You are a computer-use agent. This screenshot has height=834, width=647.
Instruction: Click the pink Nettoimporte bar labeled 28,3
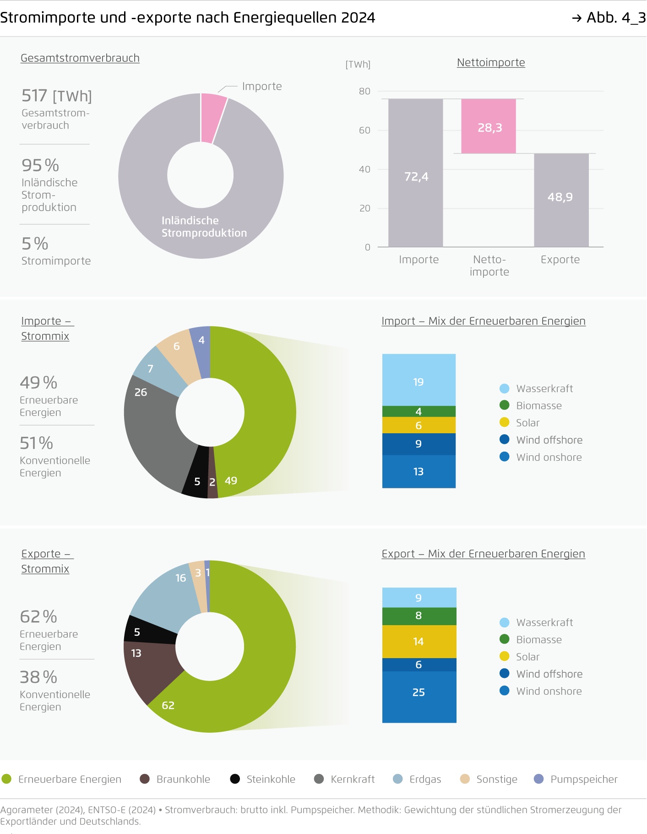488,126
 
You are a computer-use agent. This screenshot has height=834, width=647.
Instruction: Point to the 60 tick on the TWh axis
364,130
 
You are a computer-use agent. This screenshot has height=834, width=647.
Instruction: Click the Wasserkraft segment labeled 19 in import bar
419,380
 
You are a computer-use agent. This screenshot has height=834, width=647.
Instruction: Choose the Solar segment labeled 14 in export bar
419,641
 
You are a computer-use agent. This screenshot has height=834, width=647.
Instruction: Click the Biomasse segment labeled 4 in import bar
419,411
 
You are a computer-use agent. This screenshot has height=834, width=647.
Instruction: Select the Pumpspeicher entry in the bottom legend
576,779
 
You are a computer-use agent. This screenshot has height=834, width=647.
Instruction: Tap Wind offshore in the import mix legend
549,440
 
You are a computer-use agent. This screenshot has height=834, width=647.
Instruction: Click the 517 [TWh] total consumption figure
57,96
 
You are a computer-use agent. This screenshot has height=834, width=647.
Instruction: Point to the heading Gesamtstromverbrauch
80,58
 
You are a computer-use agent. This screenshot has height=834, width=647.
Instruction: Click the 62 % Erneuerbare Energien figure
38,616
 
